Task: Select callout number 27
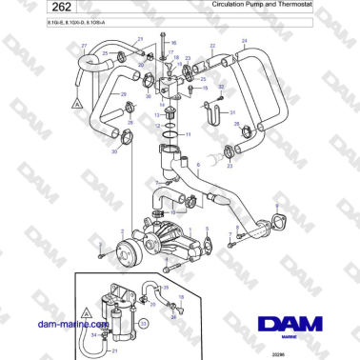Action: (x=84, y=45)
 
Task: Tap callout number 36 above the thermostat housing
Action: (x=172, y=44)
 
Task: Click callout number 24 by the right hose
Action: (x=245, y=41)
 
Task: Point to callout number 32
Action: (x=221, y=87)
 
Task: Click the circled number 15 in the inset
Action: (x=143, y=324)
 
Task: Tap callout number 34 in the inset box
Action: (x=92, y=334)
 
